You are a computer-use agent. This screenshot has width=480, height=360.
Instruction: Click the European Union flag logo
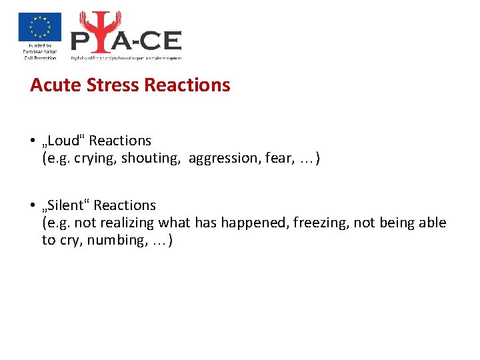point(39,27)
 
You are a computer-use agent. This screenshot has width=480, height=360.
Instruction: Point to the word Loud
point(64,141)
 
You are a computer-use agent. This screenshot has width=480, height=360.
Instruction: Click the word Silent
point(66,205)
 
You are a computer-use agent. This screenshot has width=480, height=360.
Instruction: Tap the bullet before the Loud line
point(32,141)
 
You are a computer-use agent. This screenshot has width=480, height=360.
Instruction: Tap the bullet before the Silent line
point(32,206)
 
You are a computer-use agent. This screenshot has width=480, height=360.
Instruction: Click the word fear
point(277,158)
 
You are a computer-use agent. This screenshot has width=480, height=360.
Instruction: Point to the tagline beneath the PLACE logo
point(126,58)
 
